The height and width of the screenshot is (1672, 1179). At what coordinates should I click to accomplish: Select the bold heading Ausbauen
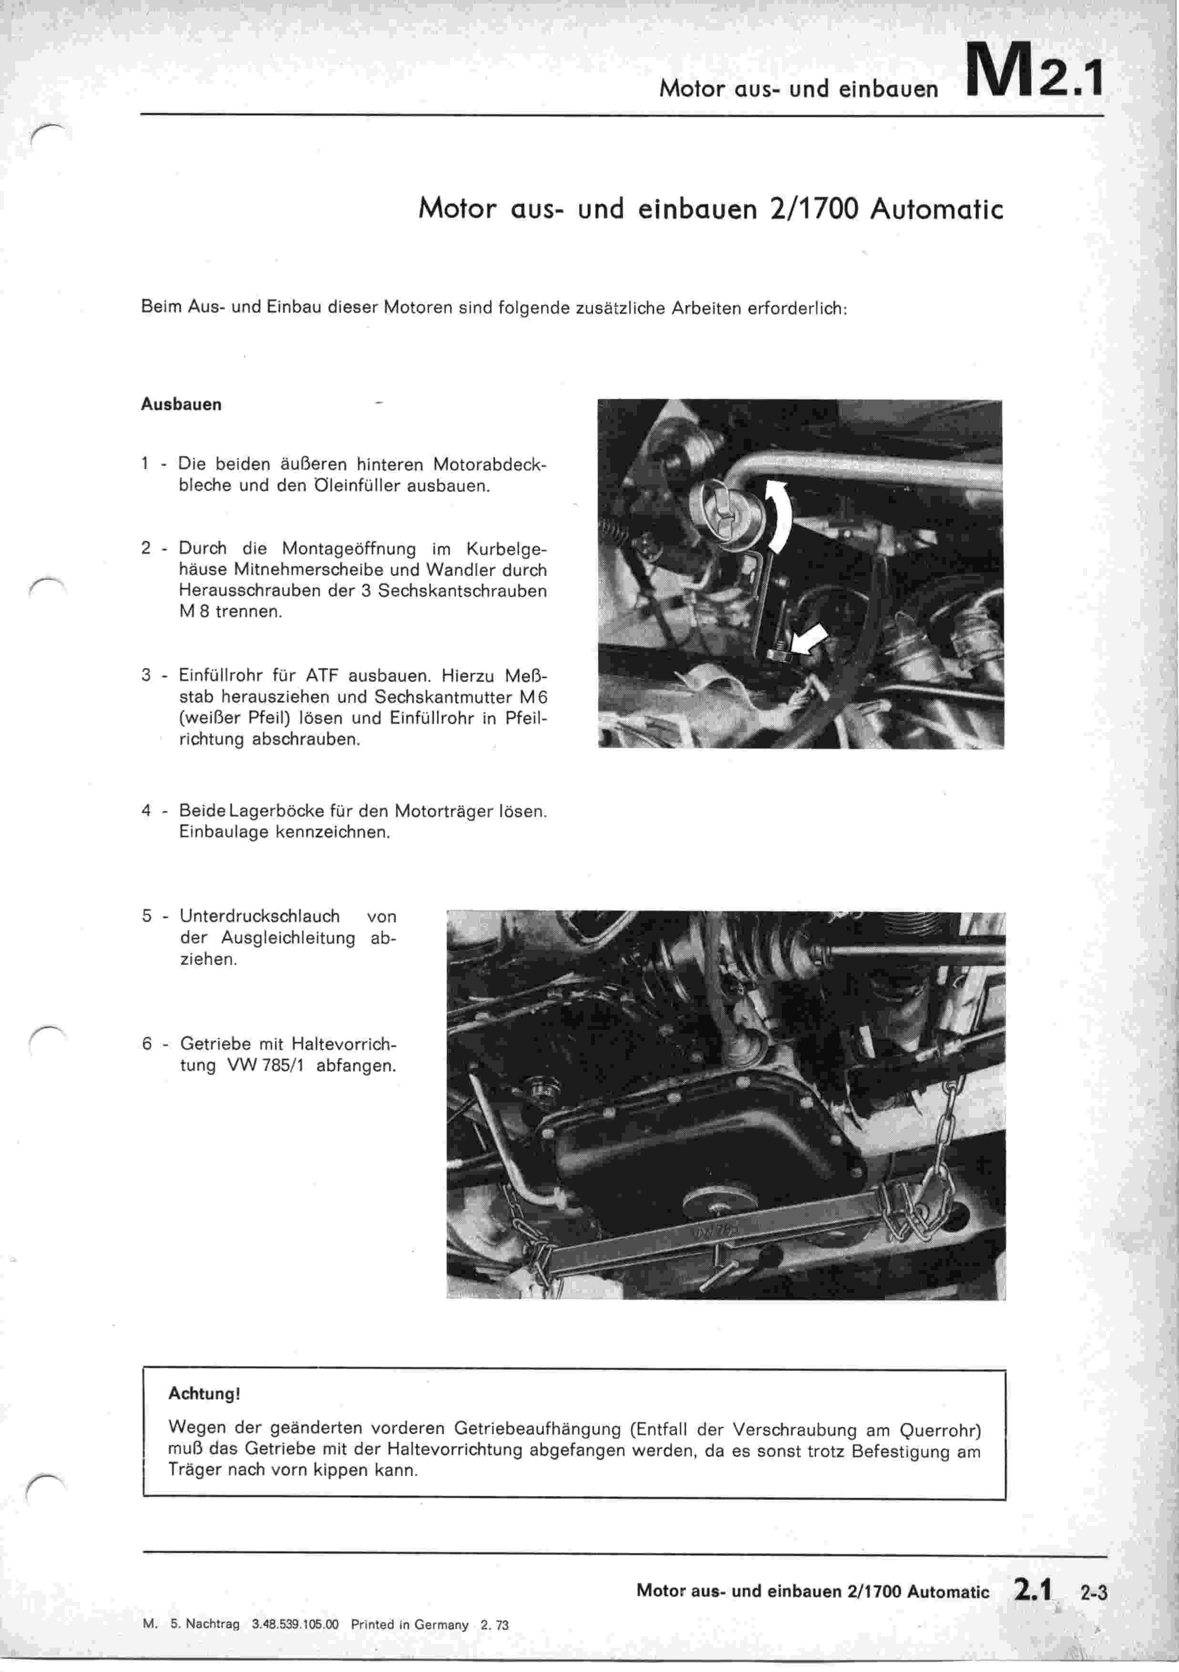[181, 405]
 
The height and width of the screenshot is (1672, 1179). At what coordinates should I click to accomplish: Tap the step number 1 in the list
[145, 464]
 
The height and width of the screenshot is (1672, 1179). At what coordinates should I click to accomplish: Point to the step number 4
[146, 810]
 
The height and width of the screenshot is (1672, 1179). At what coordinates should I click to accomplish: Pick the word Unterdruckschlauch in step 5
[260, 916]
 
